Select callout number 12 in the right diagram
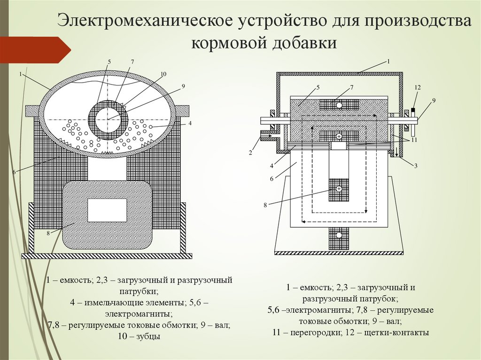coord(418,88)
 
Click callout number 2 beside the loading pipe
coord(251,153)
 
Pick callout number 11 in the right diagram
coord(414,140)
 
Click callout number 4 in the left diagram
coord(190,124)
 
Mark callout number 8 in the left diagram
coord(48,232)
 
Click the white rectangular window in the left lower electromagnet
coord(108,210)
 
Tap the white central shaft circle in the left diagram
coord(108,120)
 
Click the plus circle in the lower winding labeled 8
coord(339,189)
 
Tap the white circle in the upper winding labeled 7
coord(339,105)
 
